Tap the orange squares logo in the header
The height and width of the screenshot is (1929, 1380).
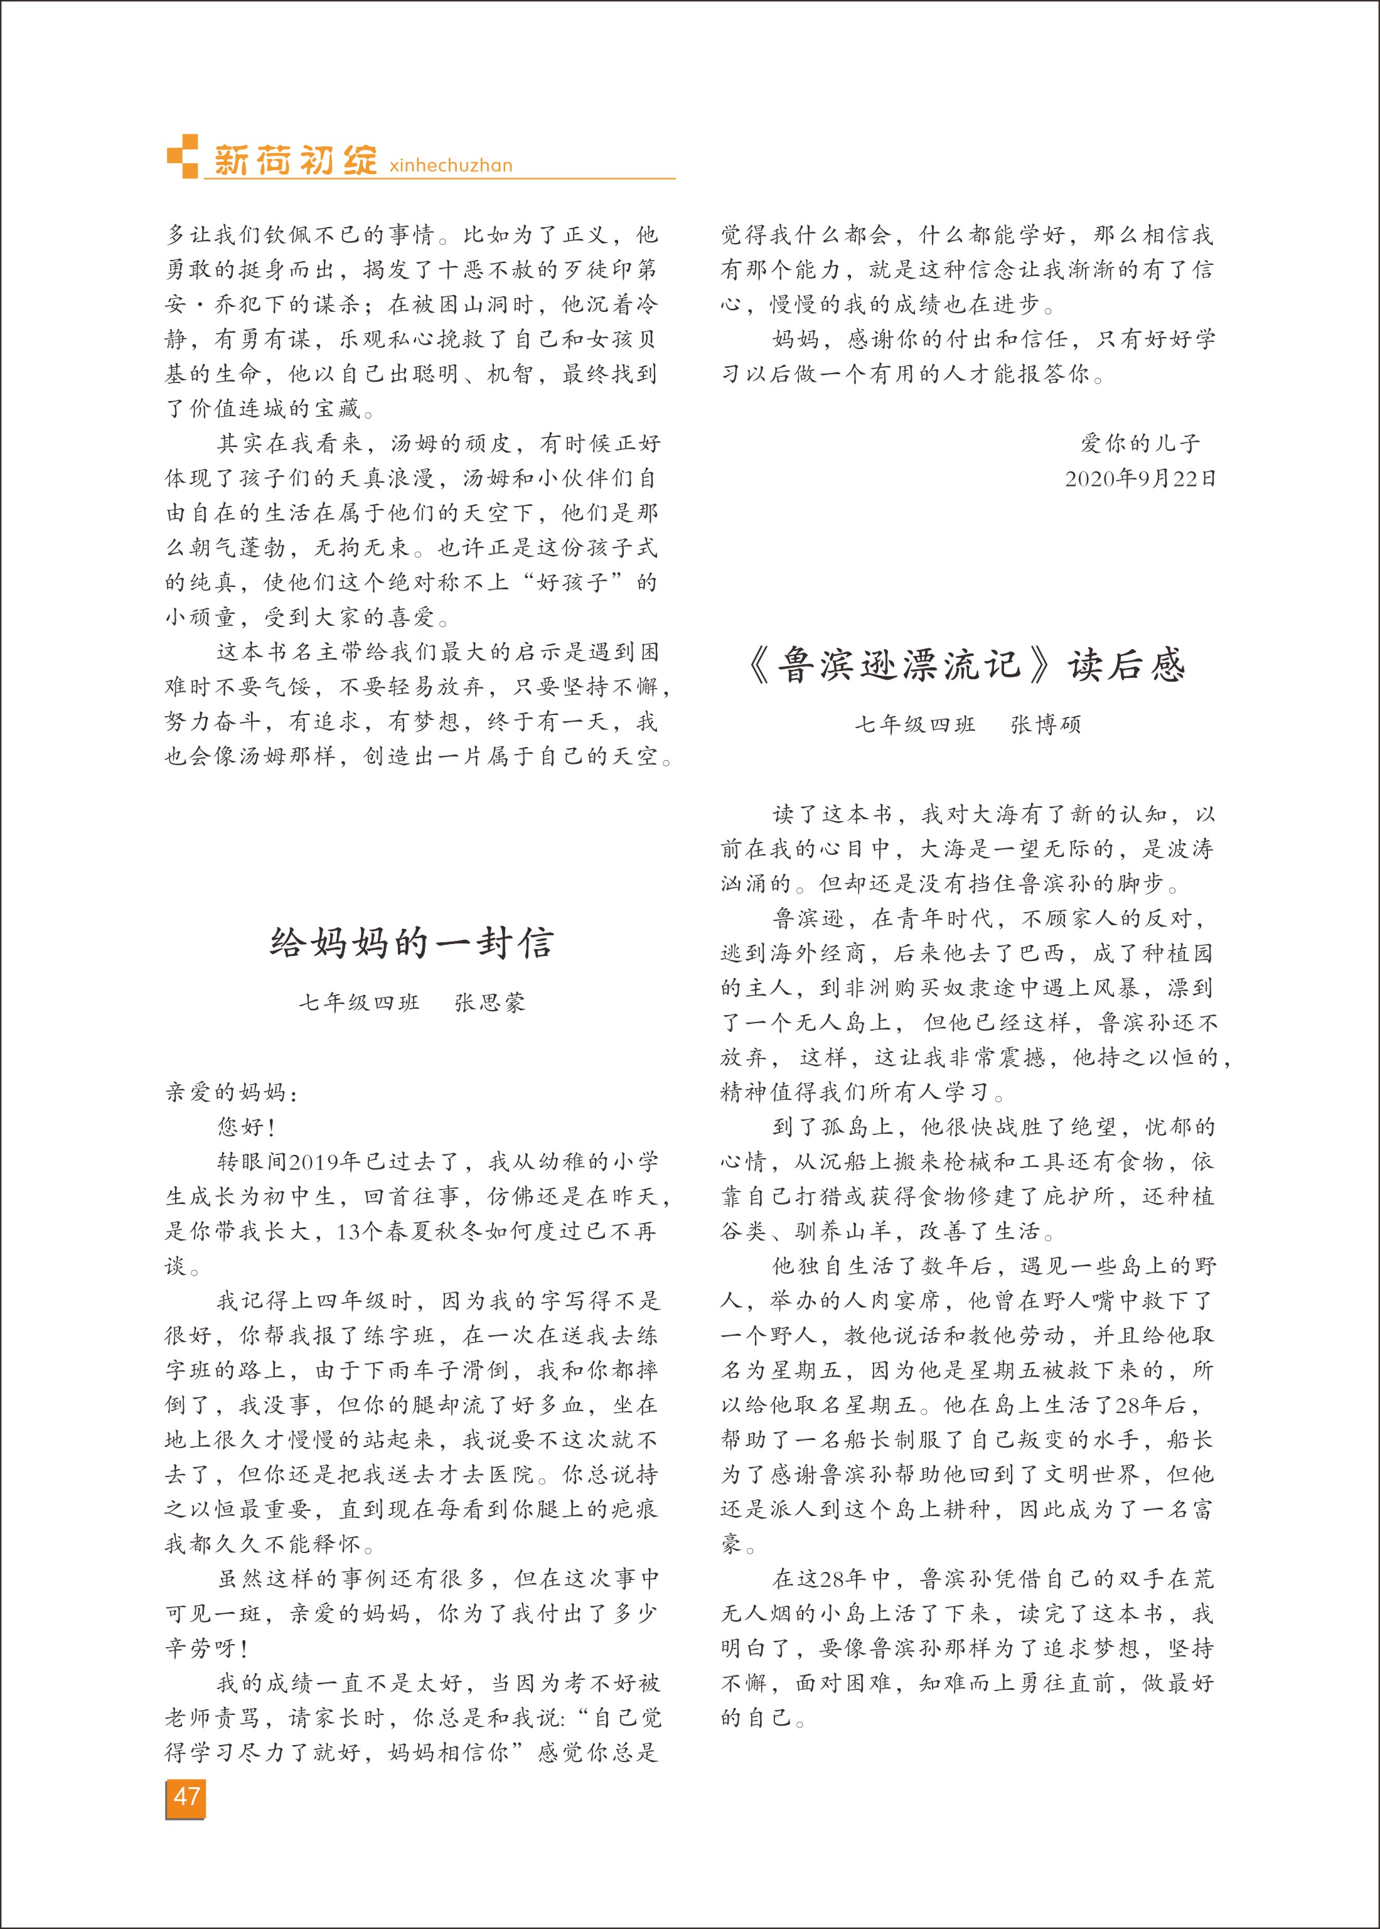(x=183, y=156)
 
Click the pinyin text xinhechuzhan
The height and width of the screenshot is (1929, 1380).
(x=451, y=165)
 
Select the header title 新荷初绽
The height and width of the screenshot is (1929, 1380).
(x=294, y=158)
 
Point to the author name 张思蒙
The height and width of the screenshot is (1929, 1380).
(x=489, y=1002)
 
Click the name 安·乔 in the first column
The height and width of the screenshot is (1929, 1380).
(x=201, y=304)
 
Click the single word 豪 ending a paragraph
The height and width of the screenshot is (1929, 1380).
(x=732, y=1544)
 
